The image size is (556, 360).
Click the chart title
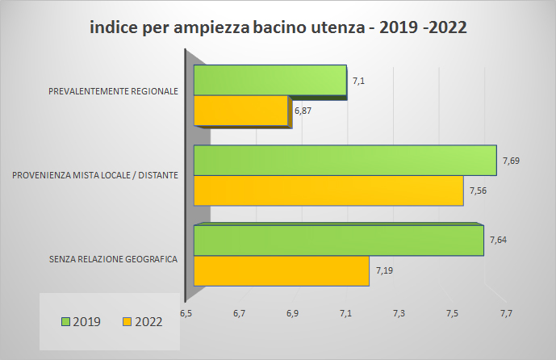point(278,27)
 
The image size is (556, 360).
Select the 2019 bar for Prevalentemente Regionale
point(270,81)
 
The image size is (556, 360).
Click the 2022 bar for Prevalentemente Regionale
point(241,111)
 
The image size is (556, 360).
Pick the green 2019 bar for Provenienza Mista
point(345,161)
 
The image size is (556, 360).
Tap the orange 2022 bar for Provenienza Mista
point(328,190)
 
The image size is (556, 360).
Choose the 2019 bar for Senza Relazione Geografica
point(339,241)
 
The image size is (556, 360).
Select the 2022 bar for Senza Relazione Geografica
point(281,270)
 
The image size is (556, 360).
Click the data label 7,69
point(510,161)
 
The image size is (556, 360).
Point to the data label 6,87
point(303,110)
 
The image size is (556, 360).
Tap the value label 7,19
point(383,270)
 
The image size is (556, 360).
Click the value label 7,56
point(478,190)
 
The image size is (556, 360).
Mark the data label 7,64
point(498,240)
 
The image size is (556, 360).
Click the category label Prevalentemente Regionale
point(113,91)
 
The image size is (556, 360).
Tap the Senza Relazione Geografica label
point(113,259)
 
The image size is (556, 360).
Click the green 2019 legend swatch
point(66,321)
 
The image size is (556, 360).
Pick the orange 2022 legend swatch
point(127,321)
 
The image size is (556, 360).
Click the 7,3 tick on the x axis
point(399,312)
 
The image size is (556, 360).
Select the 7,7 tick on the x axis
point(505,312)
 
